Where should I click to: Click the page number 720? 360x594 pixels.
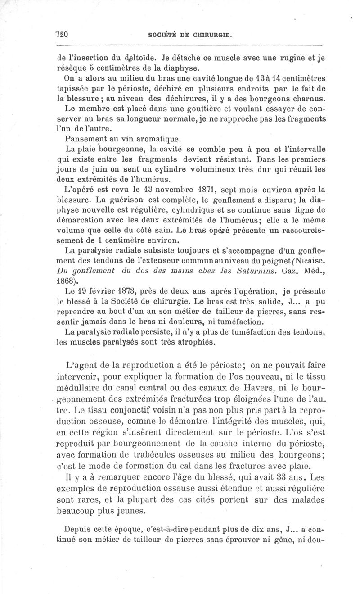(x=61, y=34)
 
